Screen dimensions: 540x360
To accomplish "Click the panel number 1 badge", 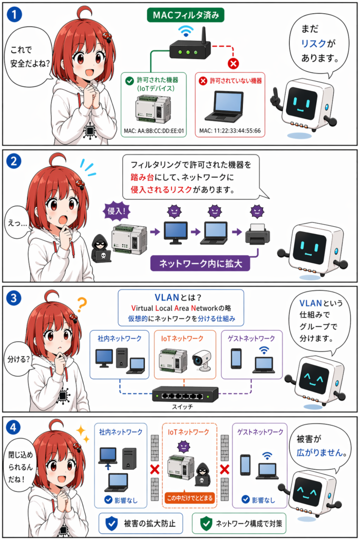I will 16,15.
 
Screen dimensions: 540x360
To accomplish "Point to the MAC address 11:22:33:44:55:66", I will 229,130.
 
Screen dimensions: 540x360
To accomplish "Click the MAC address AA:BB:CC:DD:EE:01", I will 154,130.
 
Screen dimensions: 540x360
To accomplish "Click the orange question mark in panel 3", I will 82,305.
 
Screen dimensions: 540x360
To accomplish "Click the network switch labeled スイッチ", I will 185,393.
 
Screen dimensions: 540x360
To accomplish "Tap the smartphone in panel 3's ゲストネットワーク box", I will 237,359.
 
